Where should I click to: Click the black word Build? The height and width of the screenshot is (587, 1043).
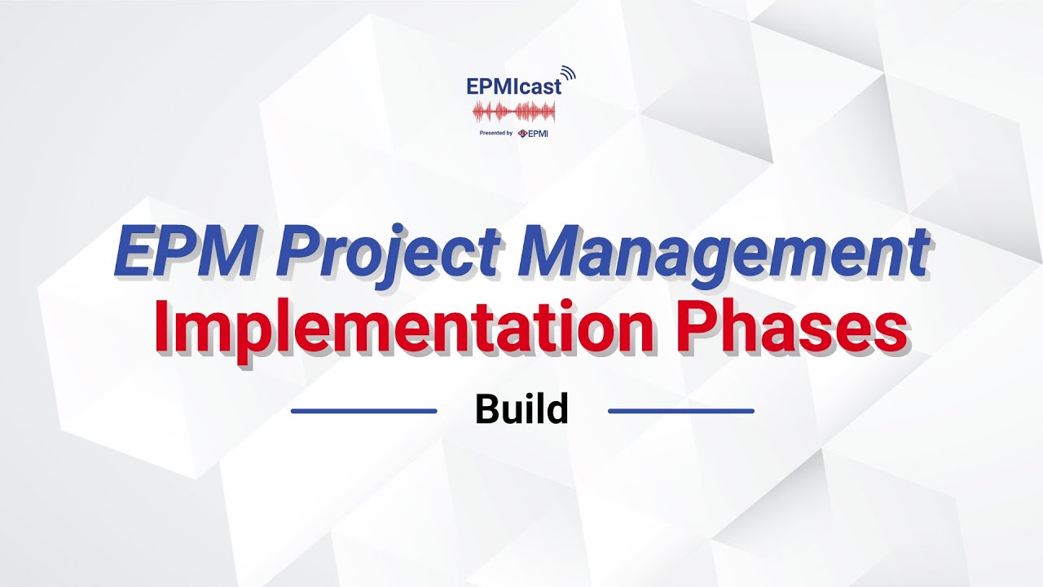[521, 410]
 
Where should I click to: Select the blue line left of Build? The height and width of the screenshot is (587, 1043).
[363, 411]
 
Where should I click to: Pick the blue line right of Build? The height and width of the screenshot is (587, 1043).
[681, 411]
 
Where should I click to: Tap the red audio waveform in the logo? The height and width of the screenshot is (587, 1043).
[513, 113]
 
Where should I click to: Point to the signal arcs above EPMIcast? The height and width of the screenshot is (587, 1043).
[568, 74]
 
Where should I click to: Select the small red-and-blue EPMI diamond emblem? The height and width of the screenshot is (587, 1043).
[521, 134]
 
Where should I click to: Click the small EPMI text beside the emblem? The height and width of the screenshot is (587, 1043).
[538, 134]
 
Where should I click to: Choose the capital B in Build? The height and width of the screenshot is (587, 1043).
[487, 410]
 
